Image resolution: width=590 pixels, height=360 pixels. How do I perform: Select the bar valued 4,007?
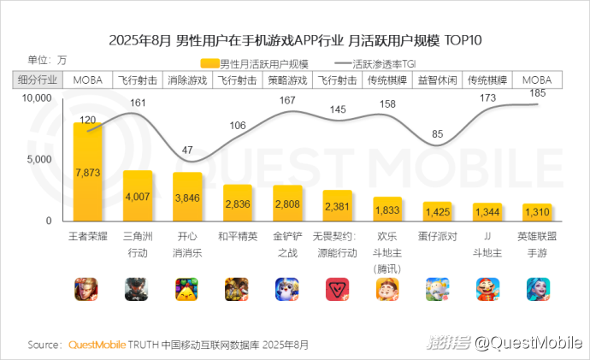pyautogui.click(x=138, y=196)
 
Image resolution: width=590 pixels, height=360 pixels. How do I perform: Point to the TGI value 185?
pyautogui.click(x=537, y=92)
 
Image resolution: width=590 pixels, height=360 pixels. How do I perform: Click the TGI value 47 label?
pyautogui.click(x=188, y=150)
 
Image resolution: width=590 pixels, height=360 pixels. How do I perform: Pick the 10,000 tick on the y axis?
pyautogui.click(x=37, y=98)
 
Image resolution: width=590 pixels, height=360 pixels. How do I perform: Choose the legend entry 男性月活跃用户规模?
pyautogui.click(x=254, y=63)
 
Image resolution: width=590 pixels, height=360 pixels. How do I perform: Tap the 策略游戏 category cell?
pyautogui.click(x=287, y=80)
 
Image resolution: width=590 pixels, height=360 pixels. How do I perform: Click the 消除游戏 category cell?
pyautogui.click(x=187, y=80)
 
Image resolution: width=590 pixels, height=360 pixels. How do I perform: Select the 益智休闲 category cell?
pyautogui.click(x=437, y=80)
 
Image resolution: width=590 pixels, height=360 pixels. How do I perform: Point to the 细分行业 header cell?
pyautogui.click(x=38, y=80)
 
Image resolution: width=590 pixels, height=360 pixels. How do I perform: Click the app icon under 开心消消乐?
pyautogui.click(x=187, y=289)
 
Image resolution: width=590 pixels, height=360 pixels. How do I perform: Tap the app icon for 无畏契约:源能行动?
pyautogui.click(x=338, y=289)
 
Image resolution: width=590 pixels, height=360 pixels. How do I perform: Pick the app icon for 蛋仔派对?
pyautogui.click(x=438, y=289)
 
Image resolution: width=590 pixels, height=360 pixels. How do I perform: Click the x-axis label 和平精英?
pyautogui.click(x=238, y=235)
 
